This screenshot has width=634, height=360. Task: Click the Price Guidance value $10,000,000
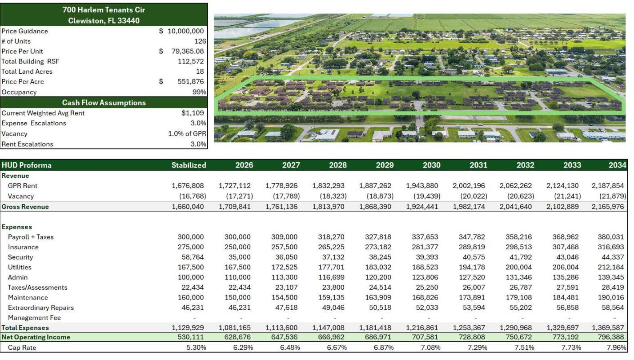pyautogui.click(x=185, y=31)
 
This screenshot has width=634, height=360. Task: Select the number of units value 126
pyautogui.click(x=200, y=41)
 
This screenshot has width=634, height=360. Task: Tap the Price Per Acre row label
pyautogui.click(x=23, y=82)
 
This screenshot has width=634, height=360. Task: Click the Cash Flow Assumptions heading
pyautogui.click(x=104, y=103)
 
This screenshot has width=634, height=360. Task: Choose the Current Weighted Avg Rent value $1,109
pyautogui.click(x=193, y=113)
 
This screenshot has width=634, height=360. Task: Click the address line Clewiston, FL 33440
pyautogui.click(x=104, y=20)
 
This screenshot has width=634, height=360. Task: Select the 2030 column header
pyautogui.click(x=431, y=165)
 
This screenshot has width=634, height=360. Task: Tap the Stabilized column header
pyautogui.click(x=189, y=165)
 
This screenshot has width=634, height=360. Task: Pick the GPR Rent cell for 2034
pyautogui.click(x=609, y=186)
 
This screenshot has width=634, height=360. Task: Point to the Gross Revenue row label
pyautogui.click(x=25, y=207)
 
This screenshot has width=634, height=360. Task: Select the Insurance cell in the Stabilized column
pyautogui.click(x=191, y=247)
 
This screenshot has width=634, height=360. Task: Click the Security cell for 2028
pyautogui.click(x=335, y=257)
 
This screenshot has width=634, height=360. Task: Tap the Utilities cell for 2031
pyautogui.click(x=472, y=268)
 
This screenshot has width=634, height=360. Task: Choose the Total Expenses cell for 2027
pyautogui.click(x=282, y=328)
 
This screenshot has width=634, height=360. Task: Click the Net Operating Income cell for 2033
pyautogui.click(x=566, y=337)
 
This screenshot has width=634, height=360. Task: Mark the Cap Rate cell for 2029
pyautogui.click(x=383, y=348)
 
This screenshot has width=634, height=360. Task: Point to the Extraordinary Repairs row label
pyautogui.click(x=41, y=308)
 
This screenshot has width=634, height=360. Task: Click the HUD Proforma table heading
pyautogui.click(x=27, y=165)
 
